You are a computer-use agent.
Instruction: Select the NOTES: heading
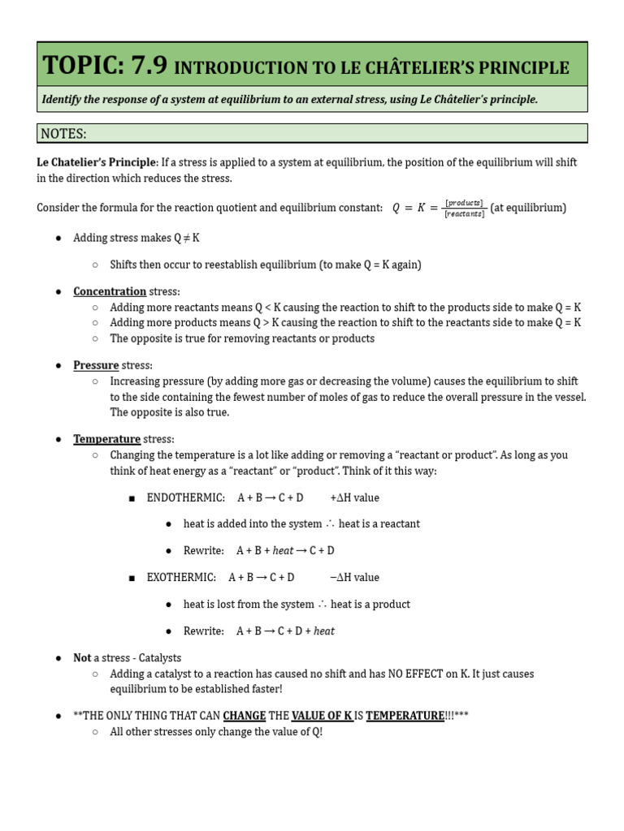pyautogui.click(x=63, y=133)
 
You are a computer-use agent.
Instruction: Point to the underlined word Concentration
pyautogui.click(x=110, y=291)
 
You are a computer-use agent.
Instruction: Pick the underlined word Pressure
pyautogui.click(x=96, y=365)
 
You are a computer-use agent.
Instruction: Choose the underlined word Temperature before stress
pyautogui.click(x=106, y=439)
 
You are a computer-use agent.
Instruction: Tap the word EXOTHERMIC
pyautogui.click(x=181, y=577)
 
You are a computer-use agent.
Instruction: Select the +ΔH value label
pyautogui.click(x=354, y=497)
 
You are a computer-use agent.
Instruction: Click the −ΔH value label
pyautogui.click(x=354, y=577)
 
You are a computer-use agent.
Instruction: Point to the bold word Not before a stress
pyautogui.click(x=82, y=657)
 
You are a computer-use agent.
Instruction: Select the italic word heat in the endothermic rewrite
pyautogui.click(x=283, y=550)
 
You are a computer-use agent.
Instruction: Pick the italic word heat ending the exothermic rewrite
pyautogui.click(x=323, y=631)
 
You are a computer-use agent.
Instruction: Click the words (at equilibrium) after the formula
pyautogui.click(x=528, y=208)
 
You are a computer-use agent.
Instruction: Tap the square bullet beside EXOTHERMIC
pyautogui.click(x=131, y=578)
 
